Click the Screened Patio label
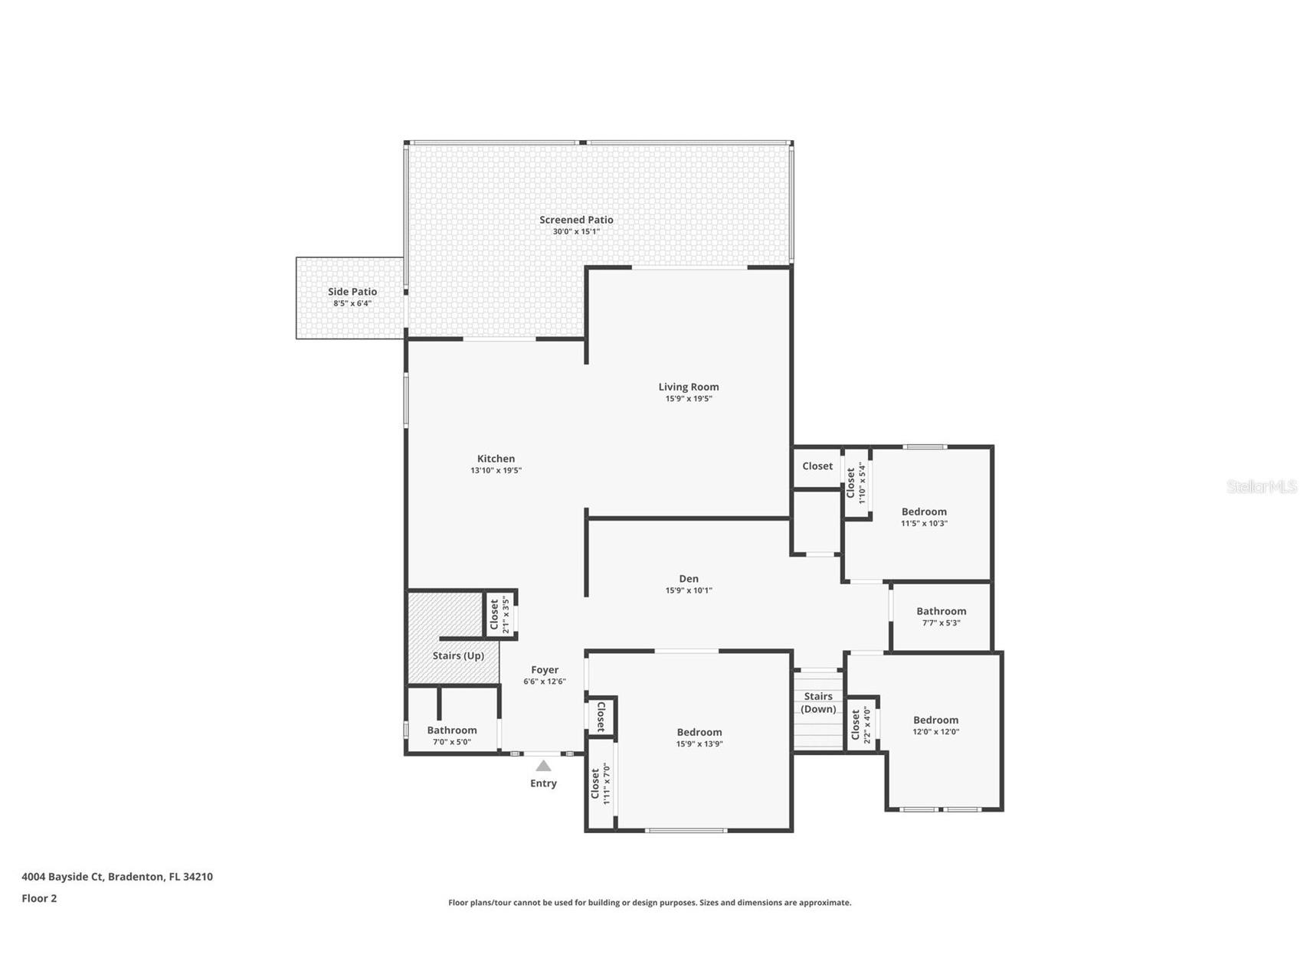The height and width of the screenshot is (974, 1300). pos(576,220)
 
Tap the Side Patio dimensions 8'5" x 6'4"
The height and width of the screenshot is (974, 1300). pos(352,304)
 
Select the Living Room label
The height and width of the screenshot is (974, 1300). pos(689,387)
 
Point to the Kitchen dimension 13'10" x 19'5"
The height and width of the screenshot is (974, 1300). pos(496,471)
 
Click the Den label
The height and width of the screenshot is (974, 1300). pos(689,579)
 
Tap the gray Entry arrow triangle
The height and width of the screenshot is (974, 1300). pos(543,766)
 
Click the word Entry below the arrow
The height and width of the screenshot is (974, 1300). pos(543,783)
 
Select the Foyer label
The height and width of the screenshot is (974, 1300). pos(545,670)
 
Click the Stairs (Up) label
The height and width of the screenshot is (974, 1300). pos(458,655)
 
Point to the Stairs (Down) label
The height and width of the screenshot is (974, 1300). pos(818,702)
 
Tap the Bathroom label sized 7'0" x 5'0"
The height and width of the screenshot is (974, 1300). pos(452,730)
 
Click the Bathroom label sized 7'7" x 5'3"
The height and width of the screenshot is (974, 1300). pos(941,611)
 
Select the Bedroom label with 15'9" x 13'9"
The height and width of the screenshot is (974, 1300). pos(699,732)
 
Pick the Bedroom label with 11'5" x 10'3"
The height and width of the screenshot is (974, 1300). pos(924,512)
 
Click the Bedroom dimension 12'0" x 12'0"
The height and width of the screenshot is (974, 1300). pos(936,732)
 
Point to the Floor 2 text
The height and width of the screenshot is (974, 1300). pos(39,898)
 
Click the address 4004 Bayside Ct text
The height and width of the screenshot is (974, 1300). pos(117,877)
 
